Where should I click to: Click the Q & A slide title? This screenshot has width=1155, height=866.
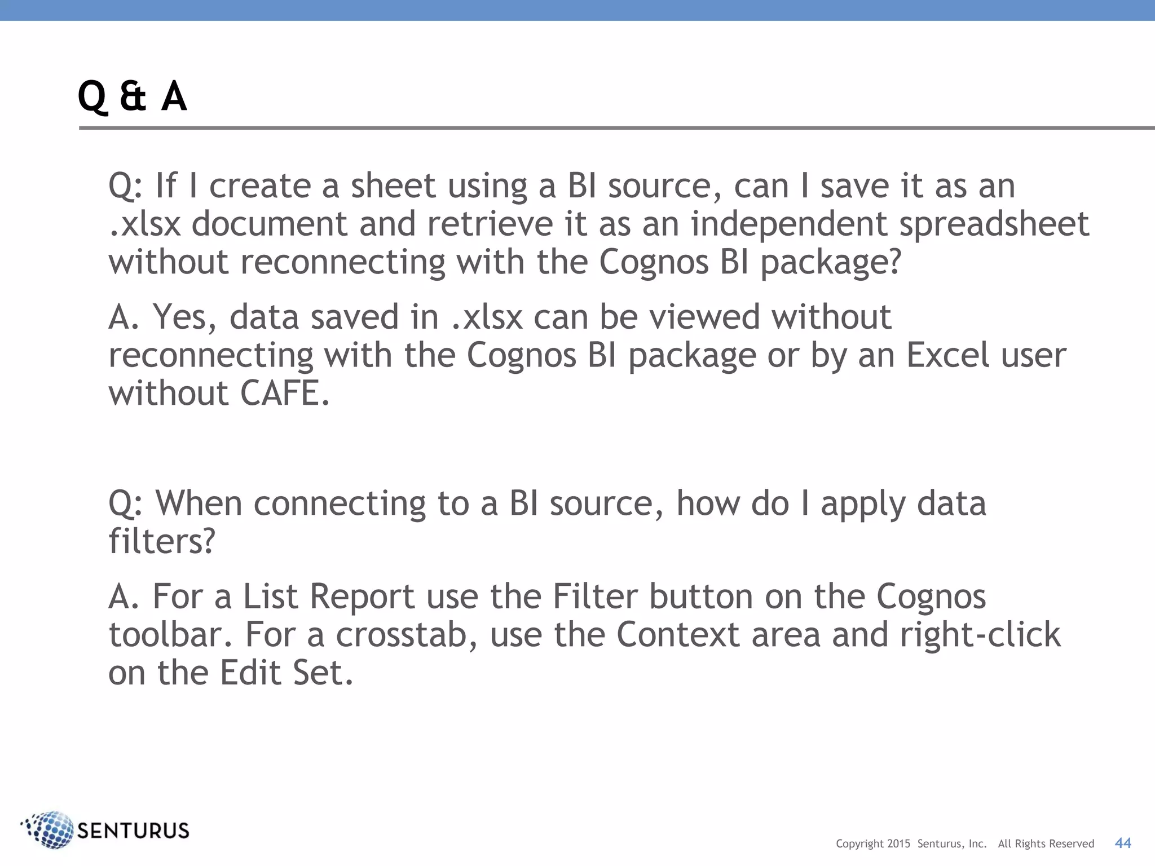[132, 96]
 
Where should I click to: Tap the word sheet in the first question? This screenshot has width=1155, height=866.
[393, 186]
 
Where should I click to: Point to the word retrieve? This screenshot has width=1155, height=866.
[490, 224]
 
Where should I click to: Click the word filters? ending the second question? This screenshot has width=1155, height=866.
[162, 541]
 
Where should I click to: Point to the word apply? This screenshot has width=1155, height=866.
[863, 504]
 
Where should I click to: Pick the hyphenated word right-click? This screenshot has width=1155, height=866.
[980, 635]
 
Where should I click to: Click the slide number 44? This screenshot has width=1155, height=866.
[1123, 843]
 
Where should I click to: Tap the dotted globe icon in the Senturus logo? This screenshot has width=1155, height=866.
[49, 829]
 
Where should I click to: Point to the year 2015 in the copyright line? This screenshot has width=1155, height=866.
[898, 844]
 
